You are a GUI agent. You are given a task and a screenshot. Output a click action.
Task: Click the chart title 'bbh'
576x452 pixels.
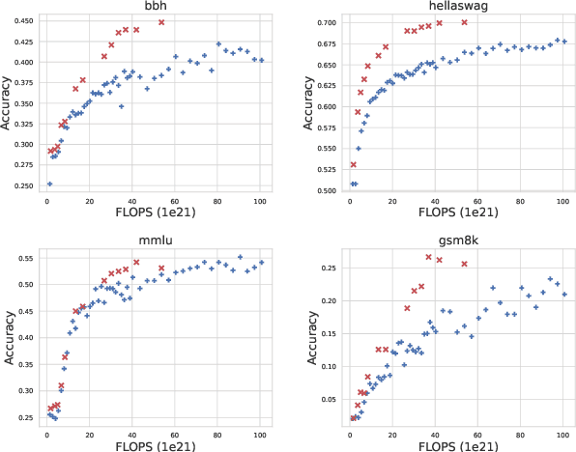(x=155, y=6)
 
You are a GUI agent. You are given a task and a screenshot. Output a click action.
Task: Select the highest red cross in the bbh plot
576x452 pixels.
(x=161, y=22)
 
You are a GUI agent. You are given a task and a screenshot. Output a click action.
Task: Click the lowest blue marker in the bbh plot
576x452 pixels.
(x=49, y=184)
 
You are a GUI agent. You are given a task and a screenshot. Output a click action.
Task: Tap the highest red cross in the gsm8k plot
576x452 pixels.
(x=428, y=257)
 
